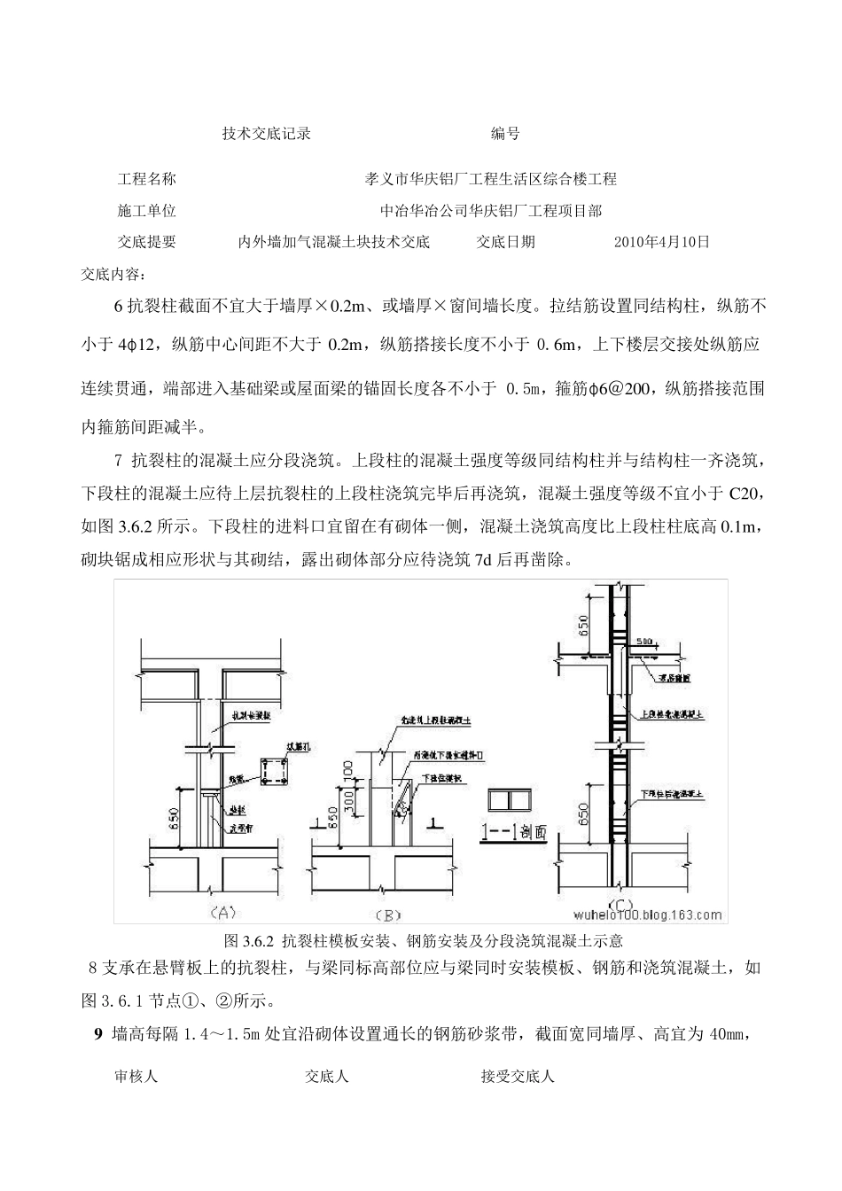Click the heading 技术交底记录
pyautogui.click(x=266, y=134)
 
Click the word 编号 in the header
pyautogui.click(x=505, y=134)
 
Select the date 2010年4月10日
pyautogui.click(x=662, y=241)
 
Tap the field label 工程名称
pyautogui.click(x=146, y=179)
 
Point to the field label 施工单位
pyautogui.click(x=146, y=211)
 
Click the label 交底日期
pyautogui.click(x=505, y=241)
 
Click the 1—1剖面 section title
pyautogui.click(x=514, y=832)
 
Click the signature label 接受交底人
pyautogui.click(x=518, y=1077)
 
